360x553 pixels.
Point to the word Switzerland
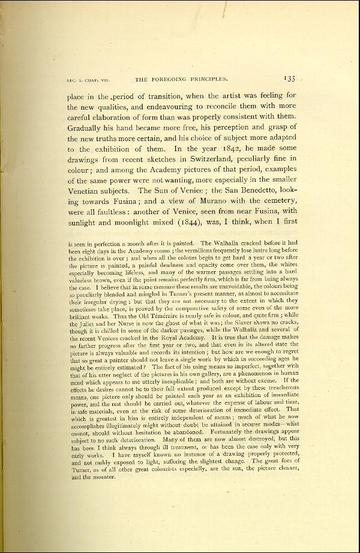220,160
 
